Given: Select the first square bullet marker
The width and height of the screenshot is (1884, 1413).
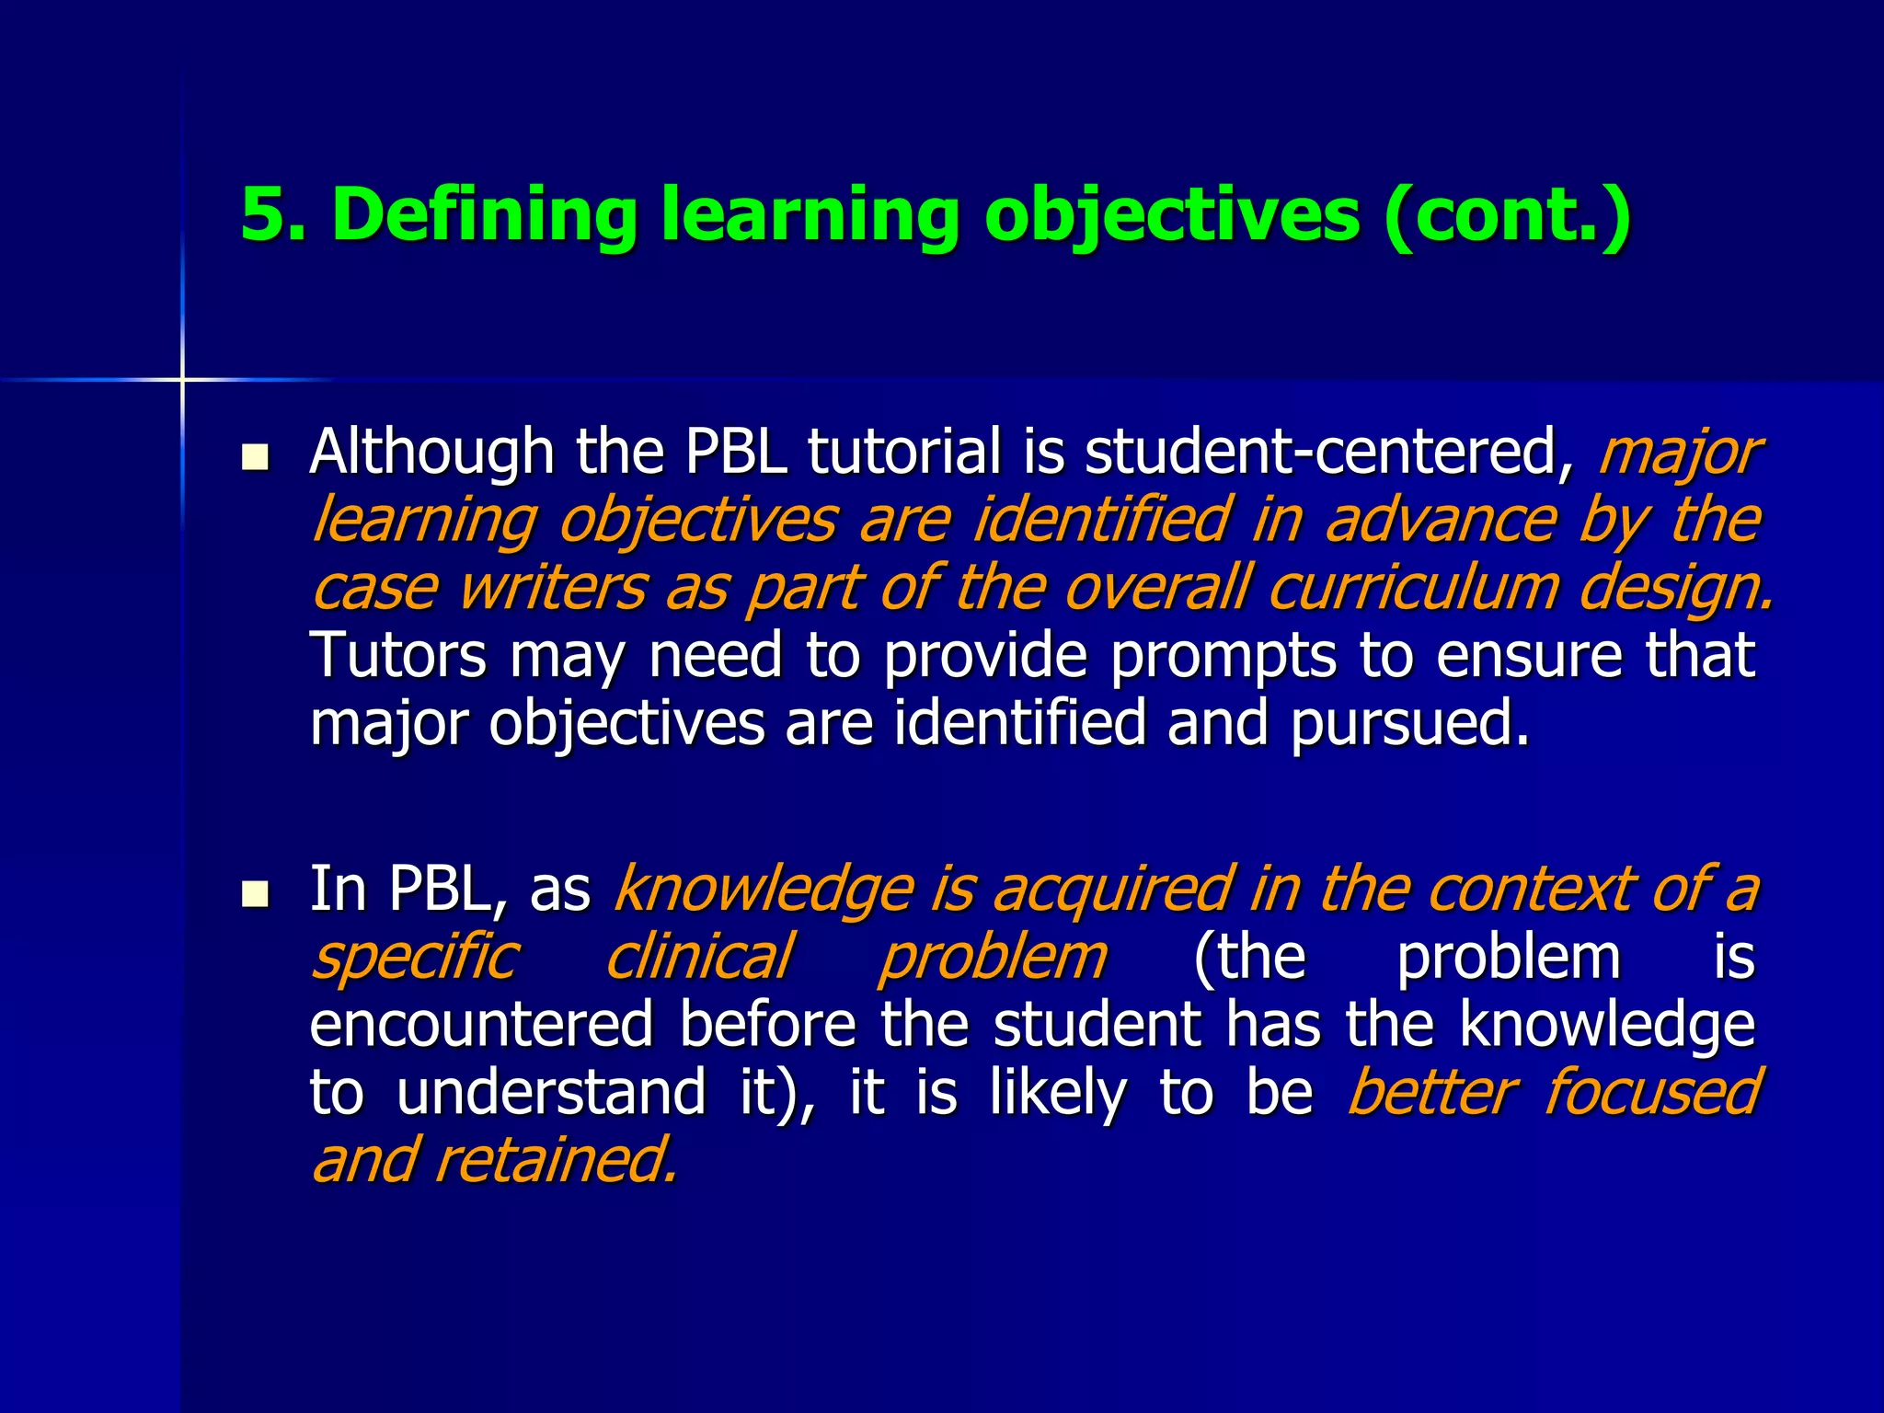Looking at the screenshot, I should pyautogui.click(x=254, y=456).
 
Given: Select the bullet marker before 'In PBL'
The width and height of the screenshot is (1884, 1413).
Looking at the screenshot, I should pyautogui.click(x=254, y=893).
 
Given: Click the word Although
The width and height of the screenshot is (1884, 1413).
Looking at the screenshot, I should pyautogui.click(x=431, y=453).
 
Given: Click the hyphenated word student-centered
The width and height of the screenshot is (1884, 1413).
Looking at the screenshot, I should pyautogui.click(x=1327, y=453).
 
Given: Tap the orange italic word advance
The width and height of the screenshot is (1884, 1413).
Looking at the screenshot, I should pyautogui.click(x=1441, y=521).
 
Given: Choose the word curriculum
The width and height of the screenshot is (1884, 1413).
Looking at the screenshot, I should pyautogui.click(x=1411, y=588).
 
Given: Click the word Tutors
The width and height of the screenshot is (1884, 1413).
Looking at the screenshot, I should pyautogui.click(x=398, y=655).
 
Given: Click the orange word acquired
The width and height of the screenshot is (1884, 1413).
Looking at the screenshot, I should pyautogui.click(x=1111, y=890).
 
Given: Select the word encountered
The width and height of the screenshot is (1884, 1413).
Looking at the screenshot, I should pyautogui.click(x=481, y=1025).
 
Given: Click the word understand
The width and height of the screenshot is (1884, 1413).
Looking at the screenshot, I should pyautogui.click(x=551, y=1092).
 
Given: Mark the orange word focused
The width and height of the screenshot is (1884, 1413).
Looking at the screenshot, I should pyautogui.click(x=1650, y=1092).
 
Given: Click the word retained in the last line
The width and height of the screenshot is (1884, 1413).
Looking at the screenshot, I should pyautogui.click(x=556, y=1160).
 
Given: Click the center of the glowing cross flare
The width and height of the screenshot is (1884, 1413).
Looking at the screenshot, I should pyautogui.click(x=182, y=379).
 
